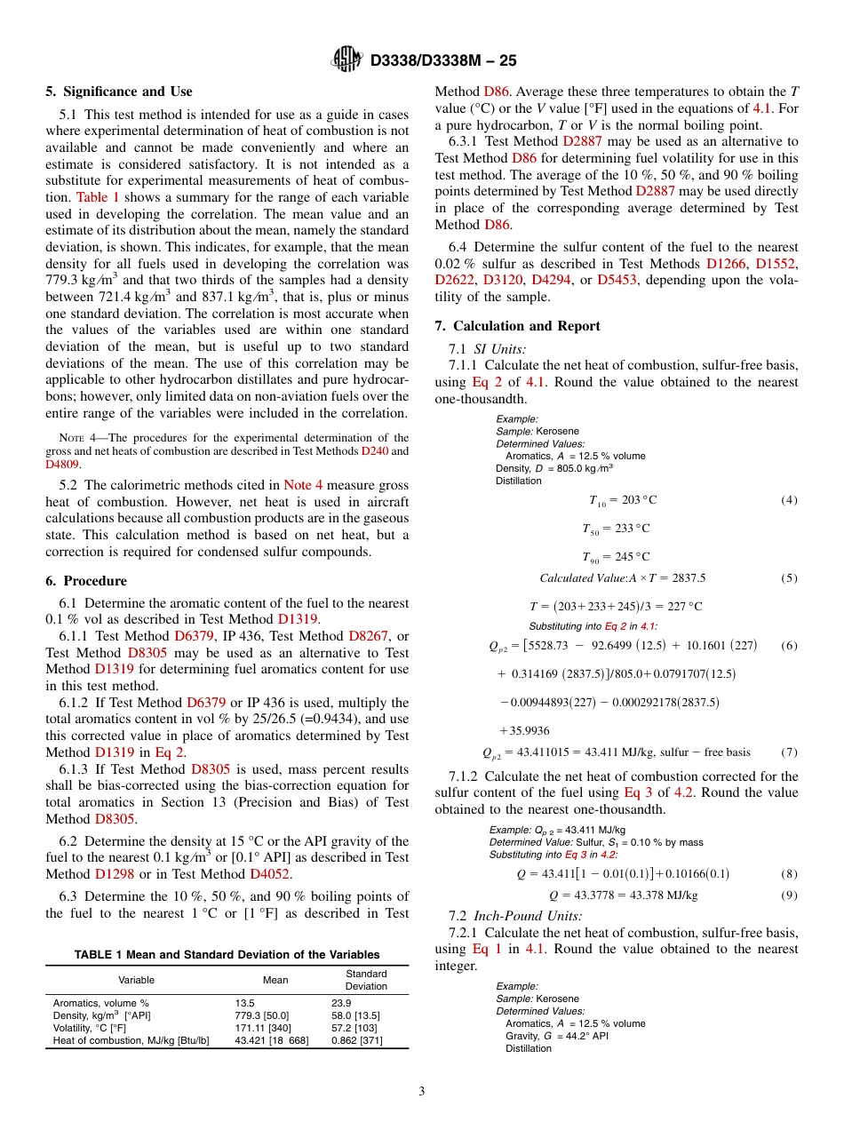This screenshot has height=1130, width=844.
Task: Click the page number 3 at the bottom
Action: [422, 1091]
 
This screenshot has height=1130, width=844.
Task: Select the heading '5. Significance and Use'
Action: [119, 92]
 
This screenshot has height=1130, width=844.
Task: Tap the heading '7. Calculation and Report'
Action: [517, 326]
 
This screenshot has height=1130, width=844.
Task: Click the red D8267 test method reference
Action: [367, 636]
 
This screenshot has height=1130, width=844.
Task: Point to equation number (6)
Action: [789, 646]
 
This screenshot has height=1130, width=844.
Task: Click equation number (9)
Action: [789, 895]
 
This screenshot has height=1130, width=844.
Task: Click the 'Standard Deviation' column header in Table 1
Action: [366, 980]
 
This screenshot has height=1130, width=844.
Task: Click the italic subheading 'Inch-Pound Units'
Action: [528, 916]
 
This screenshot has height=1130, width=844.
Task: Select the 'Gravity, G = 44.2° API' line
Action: [557, 1036]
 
